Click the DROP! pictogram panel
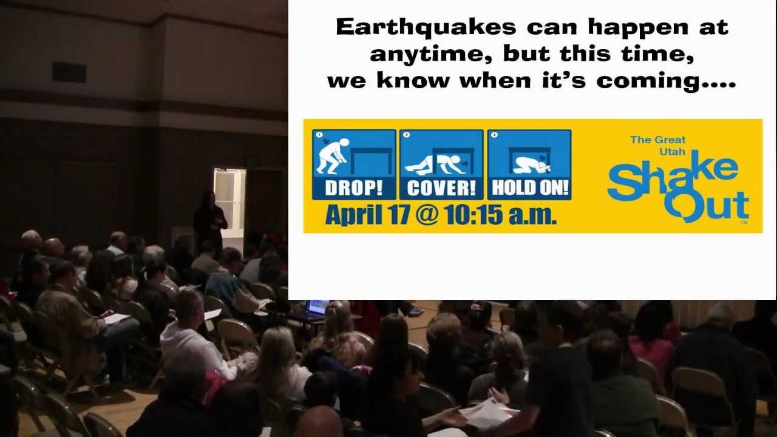(x=354, y=164)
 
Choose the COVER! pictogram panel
(x=441, y=164)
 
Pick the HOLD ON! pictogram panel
(x=529, y=164)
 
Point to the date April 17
(x=370, y=215)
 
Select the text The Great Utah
(x=658, y=144)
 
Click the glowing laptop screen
(x=317, y=307)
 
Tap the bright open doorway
(x=229, y=200)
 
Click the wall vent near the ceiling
(x=69, y=72)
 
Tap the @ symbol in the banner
(x=427, y=215)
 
